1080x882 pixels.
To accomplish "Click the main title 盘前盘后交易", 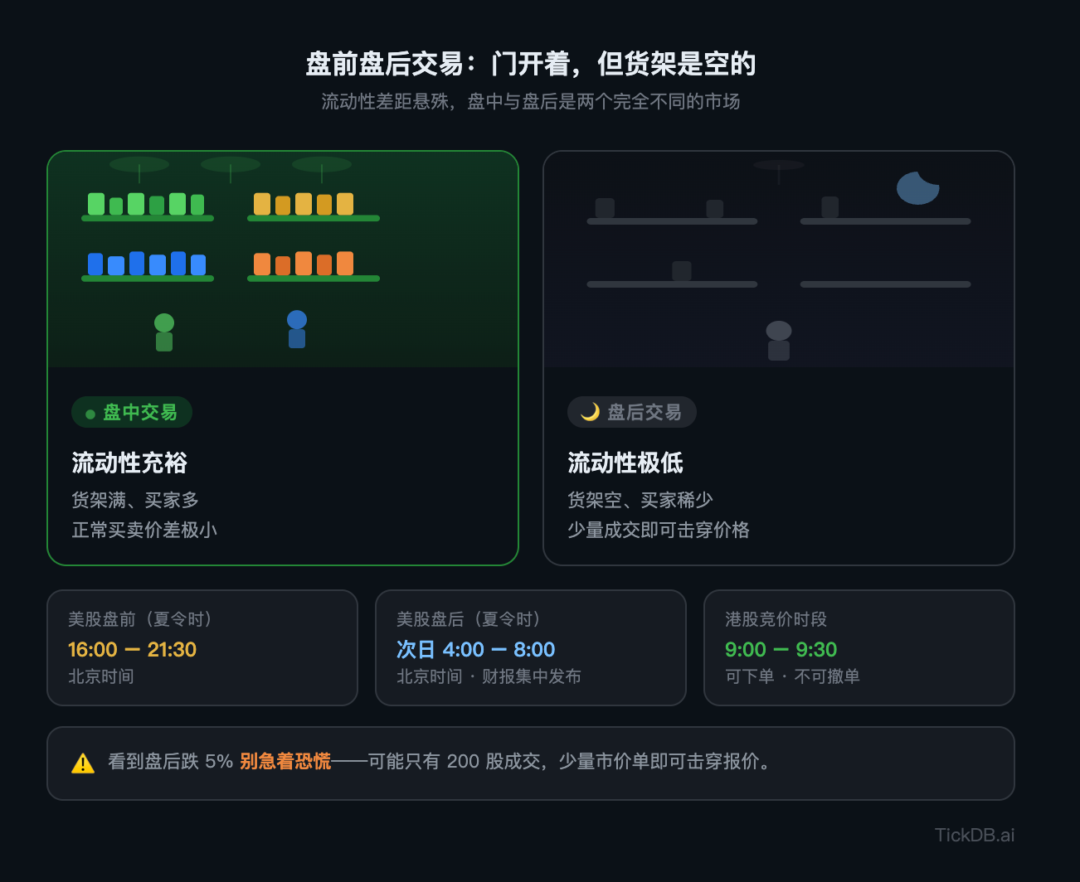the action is [x=385, y=64].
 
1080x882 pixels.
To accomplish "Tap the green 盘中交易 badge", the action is [x=132, y=412].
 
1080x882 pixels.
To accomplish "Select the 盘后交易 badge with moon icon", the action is [x=631, y=412].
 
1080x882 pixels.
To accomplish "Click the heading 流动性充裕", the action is [x=129, y=463].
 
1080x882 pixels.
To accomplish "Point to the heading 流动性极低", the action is [x=625, y=463].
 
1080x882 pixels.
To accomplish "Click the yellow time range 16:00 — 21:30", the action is [x=132, y=650].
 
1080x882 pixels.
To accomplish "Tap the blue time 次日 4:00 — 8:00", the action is [x=476, y=650].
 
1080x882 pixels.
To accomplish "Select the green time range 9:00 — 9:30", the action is [x=781, y=650].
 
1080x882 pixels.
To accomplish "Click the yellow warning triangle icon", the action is [x=83, y=763].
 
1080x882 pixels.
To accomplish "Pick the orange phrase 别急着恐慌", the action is [x=285, y=761].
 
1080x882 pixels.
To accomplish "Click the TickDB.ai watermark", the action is [x=975, y=835].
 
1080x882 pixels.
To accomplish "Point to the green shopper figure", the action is [x=164, y=332].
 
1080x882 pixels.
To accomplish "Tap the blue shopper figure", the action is [x=297, y=329].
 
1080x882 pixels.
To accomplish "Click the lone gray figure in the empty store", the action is [x=779, y=341].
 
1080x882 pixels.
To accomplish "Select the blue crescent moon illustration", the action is [x=917, y=188].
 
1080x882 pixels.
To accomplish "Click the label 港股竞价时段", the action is [x=776, y=619].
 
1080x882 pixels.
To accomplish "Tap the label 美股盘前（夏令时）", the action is [x=140, y=619].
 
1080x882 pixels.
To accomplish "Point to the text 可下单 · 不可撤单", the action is [x=792, y=676].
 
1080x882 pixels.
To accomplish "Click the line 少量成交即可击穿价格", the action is [x=659, y=530].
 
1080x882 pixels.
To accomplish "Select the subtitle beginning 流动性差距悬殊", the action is [x=531, y=101].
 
